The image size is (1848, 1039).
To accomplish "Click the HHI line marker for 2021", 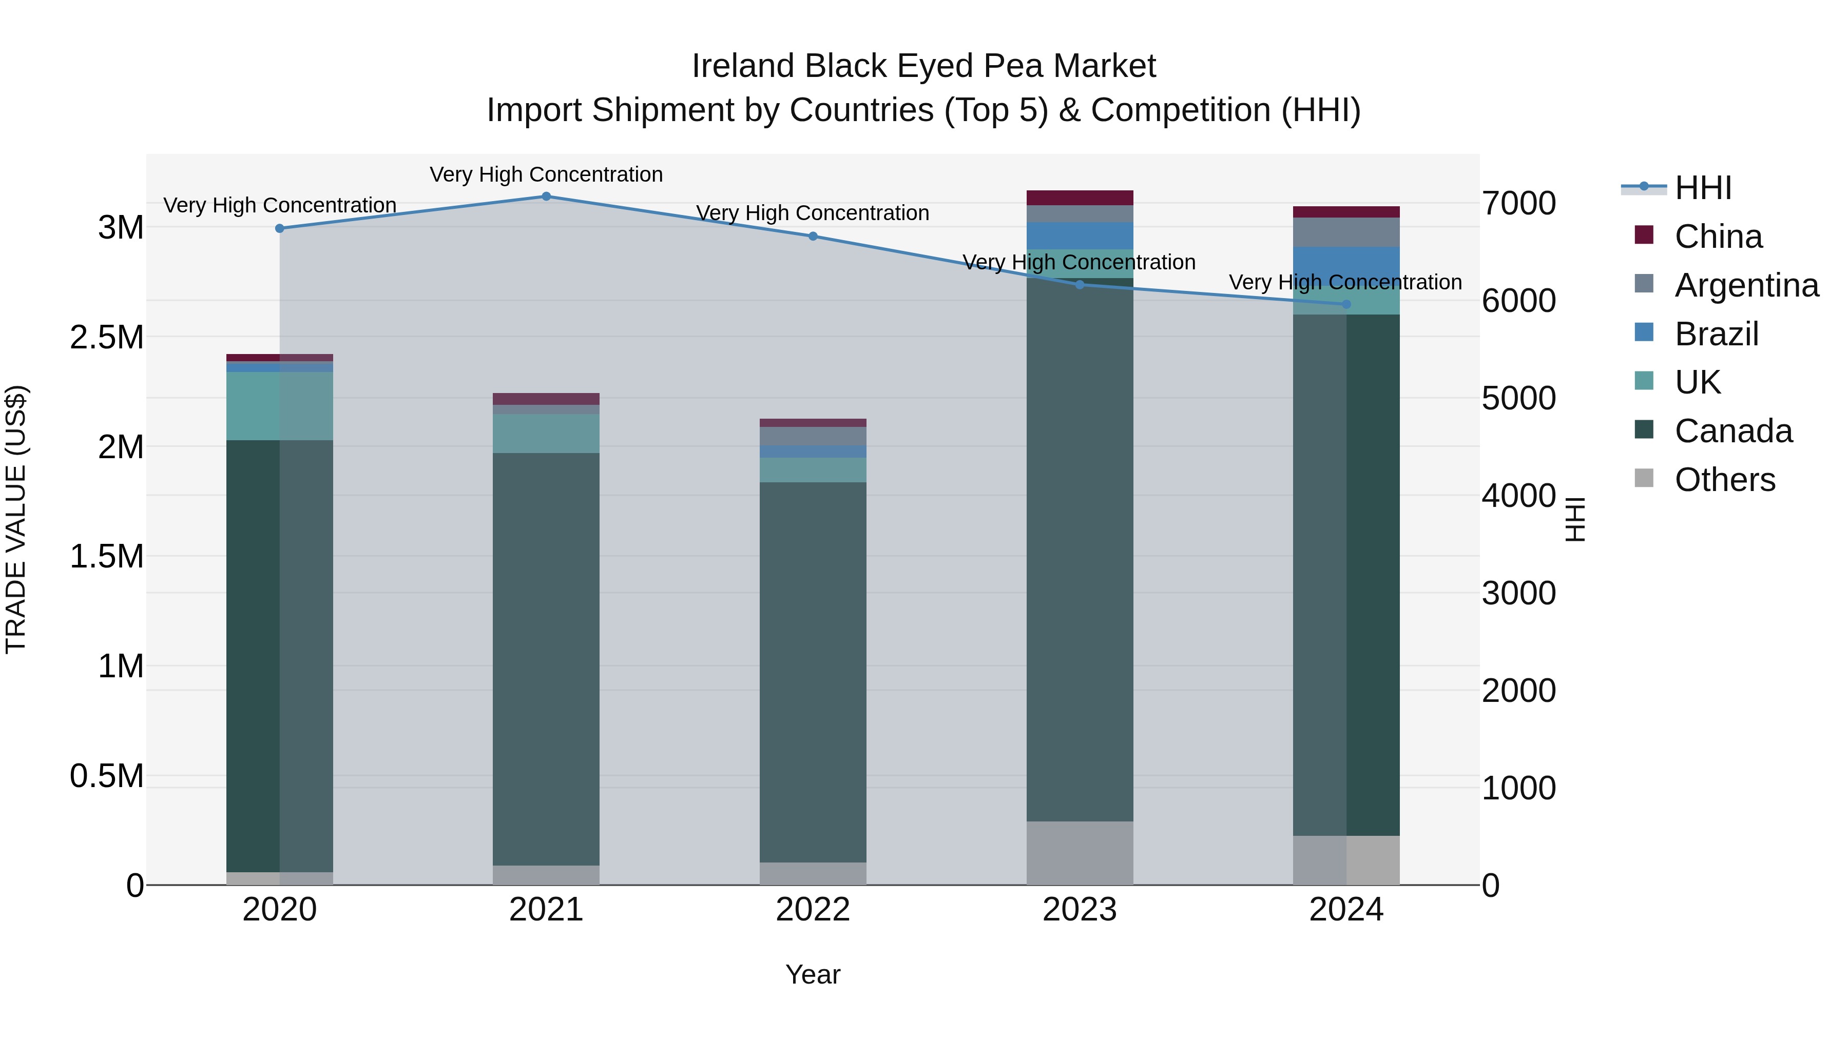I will point(546,197).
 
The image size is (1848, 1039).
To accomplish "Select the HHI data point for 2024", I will point(1346,305).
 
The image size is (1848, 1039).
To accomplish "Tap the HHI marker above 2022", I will point(813,237).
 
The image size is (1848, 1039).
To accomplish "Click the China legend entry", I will point(1718,237).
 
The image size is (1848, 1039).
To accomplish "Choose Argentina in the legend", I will point(1746,285).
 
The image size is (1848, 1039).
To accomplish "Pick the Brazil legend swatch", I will point(1644,332).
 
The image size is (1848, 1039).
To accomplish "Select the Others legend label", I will point(1725,480).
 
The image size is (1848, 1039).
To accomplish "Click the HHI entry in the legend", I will point(1703,188).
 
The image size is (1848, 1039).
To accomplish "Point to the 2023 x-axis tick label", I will point(1079,910).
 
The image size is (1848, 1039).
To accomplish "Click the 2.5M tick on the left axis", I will point(107,337).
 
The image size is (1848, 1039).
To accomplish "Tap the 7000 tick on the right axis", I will point(1519,204).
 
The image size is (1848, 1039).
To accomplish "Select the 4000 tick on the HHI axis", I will point(1519,496).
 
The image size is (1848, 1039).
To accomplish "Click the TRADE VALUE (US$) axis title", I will point(16,519).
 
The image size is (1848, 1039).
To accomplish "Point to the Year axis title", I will point(813,974).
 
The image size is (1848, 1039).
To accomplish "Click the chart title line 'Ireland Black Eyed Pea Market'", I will point(923,67).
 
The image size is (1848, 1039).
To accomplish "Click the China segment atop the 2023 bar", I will point(1080,198).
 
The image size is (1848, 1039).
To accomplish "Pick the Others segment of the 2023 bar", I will point(1080,853).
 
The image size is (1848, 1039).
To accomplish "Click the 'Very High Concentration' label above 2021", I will point(546,175).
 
